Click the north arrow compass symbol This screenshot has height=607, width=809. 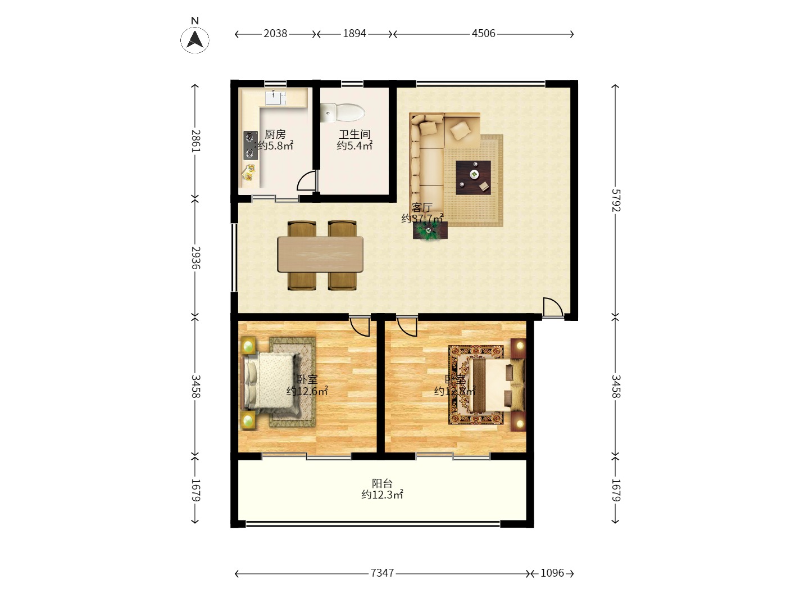tap(195, 39)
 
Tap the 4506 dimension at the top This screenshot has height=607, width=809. tap(483, 34)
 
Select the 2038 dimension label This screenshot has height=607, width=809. tap(275, 34)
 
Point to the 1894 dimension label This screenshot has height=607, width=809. tap(354, 34)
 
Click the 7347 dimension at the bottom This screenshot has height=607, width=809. tap(382, 573)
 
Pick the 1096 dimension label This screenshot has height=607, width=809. tap(552, 573)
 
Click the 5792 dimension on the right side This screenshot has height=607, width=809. tap(616, 200)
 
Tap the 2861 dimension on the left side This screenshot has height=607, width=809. tap(196, 141)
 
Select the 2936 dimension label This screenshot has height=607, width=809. tap(196, 257)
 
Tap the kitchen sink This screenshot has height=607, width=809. tap(275, 98)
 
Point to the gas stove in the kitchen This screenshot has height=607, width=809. tap(250, 145)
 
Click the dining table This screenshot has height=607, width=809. tap(320, 255)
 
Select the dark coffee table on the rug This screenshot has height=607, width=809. tap(473, 178)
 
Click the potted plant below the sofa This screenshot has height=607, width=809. tap(430, 230)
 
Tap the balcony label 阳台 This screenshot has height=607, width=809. tap(382, 483)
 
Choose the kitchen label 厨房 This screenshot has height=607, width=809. tap(275, 134)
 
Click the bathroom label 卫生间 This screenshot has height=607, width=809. tap(354, 134)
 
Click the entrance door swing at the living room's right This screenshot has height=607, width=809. tap(552, 307)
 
